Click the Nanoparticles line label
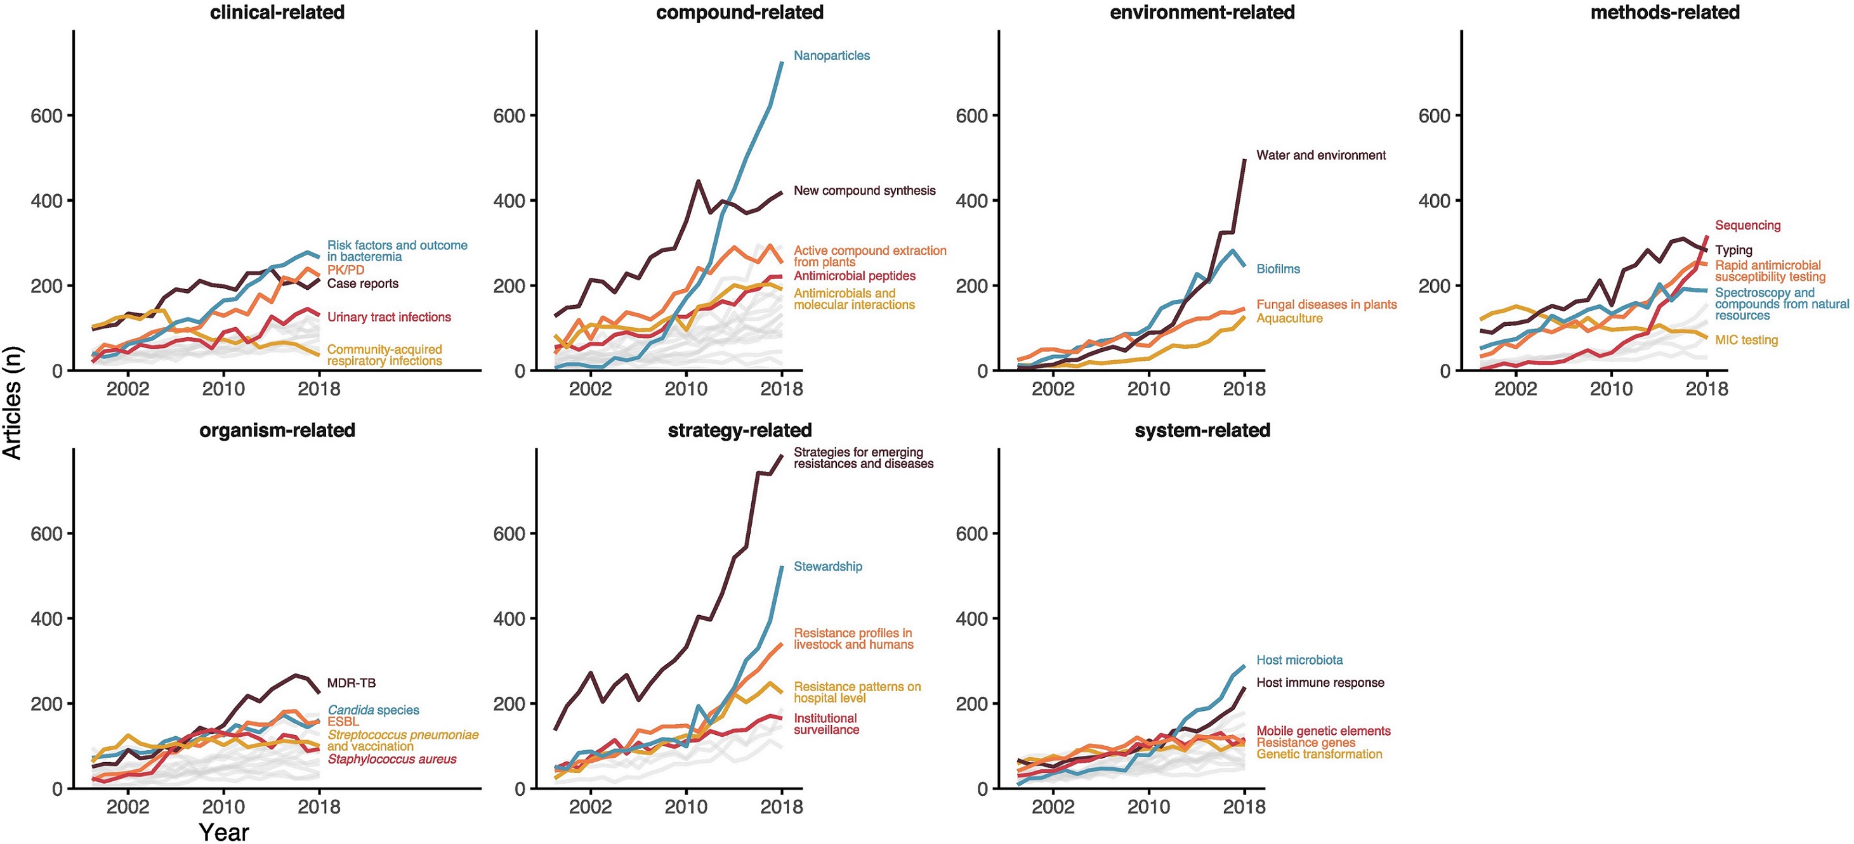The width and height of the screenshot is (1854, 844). point(831,55)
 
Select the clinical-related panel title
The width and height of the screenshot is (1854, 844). point(277,12)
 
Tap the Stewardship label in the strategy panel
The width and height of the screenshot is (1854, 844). point(827,566)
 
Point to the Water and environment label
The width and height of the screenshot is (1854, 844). point(1320,155)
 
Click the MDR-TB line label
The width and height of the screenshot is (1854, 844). point(352,683)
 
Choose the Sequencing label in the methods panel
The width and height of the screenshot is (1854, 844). point(1747,225)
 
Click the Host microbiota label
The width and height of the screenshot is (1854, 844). point(1299,660)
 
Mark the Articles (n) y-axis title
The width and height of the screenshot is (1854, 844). point(12,403)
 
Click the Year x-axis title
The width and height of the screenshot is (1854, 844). point(224,832)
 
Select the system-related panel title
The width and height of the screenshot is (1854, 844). point(1202,431)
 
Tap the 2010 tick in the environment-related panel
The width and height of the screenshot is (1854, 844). point(1148,389)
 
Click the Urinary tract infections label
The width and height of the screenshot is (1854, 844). point(389,316)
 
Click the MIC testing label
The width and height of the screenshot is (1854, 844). point(1746,340)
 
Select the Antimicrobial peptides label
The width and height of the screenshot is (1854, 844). point(854,276)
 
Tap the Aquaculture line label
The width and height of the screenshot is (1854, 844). point(1289,318)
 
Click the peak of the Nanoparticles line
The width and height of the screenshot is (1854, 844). point(782,63)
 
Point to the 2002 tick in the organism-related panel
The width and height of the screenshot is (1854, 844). point(128,806)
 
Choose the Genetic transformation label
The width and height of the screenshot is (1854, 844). point(1319,754)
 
